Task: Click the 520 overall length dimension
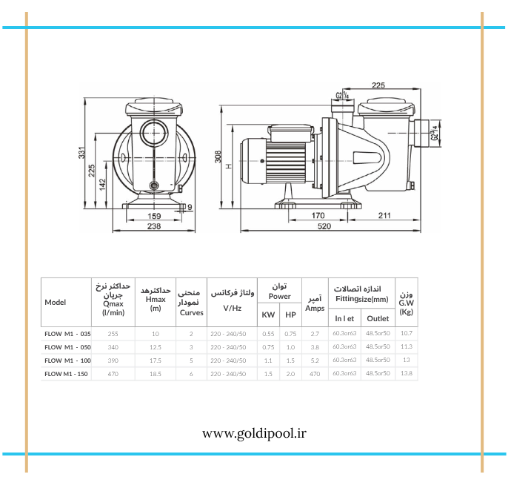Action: tap(324, 226)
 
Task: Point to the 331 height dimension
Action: tap(81, 153)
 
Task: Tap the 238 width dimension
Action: tap(154, 226)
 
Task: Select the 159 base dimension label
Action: tap(154, 216)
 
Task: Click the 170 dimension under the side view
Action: tap(318, 215)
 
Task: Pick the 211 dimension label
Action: tap(384, 215)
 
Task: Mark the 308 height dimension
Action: tap(218, 157)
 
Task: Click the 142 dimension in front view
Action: tap(103, 185)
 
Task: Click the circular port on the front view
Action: tap(155, 133)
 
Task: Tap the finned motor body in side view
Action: tap(285, 161)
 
